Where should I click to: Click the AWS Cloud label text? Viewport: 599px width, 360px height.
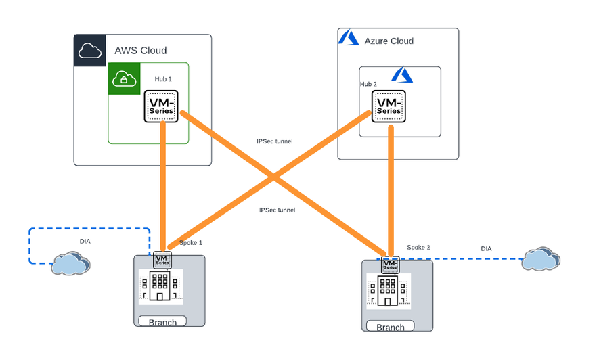[x=140, y=51]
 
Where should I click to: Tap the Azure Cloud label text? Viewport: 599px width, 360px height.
[x=389, y=41]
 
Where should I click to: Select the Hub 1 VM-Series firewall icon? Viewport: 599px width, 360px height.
[x=161, y=106]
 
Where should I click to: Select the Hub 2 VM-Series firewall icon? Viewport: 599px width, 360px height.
[x=389, y=106]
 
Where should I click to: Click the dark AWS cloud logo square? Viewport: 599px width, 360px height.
[x=90, y=51]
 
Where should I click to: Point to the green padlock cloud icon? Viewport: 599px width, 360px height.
[x=124, y=79]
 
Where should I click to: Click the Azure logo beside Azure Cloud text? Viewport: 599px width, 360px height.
[x=349, y=39]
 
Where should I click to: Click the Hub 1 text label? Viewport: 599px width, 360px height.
[x=163, y=79]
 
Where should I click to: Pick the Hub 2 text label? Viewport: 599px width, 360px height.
[x=368, y=85]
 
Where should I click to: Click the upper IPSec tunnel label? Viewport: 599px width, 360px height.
[x=274, y=141]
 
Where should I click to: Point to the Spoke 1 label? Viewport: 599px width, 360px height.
[x=191, y=242]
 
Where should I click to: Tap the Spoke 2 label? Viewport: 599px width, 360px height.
[x=418, y=248]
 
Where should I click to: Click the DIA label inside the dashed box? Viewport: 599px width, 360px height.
[x=85, y=240]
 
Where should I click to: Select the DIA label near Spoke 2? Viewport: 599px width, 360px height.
[x=486, y=249]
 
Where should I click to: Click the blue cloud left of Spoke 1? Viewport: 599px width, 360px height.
[x=70, y=263]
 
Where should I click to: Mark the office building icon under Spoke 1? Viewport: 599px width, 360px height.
[x=160, y=286]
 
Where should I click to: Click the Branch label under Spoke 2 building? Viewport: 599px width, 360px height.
[x=390, y=328]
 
